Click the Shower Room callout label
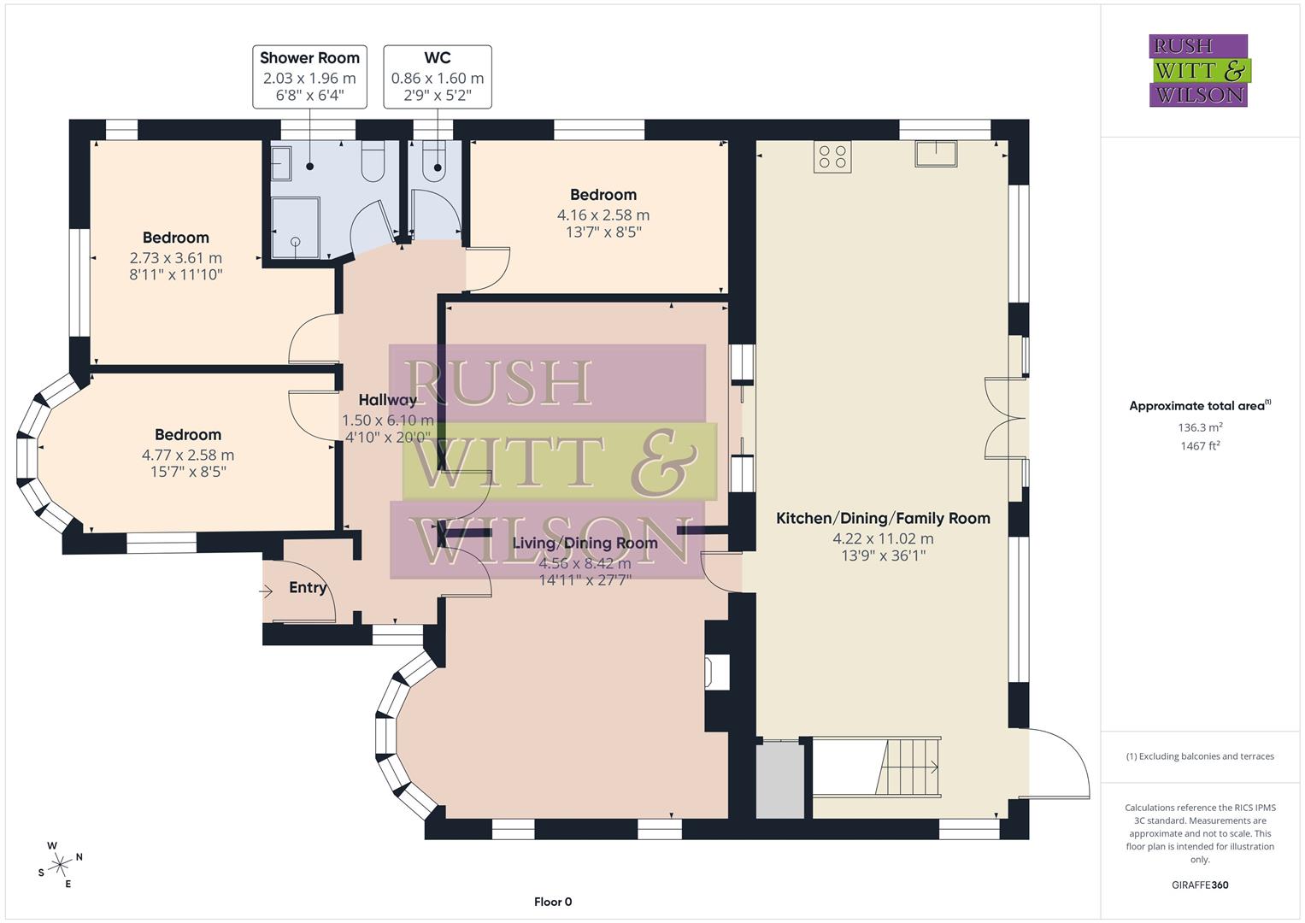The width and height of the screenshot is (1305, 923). (309, 76)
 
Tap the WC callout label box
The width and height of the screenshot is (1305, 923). (438, 76)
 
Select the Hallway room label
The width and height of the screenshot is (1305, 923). (387, 400)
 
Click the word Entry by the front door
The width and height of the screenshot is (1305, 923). (308, 588)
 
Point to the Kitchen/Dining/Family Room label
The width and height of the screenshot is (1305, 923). (883, 518)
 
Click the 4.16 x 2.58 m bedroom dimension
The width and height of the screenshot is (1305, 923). (603, 215)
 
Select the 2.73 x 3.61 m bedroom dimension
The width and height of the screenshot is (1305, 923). (176, 258)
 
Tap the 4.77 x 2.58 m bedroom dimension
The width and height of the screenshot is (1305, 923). (188, 456)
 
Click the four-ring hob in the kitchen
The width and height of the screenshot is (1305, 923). (832, 156)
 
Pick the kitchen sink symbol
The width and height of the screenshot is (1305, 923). (935, 154)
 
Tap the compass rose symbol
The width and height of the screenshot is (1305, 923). (60, 865)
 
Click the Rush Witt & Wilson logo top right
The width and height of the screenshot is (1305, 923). (1198, 70)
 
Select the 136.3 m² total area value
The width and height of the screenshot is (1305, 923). (1200, 427)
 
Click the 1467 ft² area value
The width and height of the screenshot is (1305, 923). (1200, 446)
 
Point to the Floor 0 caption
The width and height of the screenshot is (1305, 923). (553, 902)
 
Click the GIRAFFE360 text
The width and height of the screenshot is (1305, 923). (1200, 885)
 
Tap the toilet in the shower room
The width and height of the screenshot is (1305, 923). (373, 162)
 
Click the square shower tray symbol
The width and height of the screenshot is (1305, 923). (296, 227)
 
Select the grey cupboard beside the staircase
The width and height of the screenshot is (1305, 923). (780, 779)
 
